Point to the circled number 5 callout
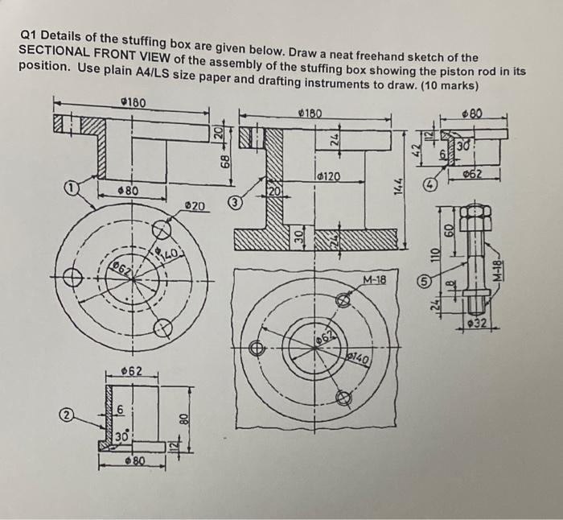pos(420,283)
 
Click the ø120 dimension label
pos(327,176)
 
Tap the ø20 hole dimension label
pos(196,207)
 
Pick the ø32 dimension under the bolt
pos(479,324)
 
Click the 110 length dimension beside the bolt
pos(434,257)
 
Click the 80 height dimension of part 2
pos(183,420)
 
